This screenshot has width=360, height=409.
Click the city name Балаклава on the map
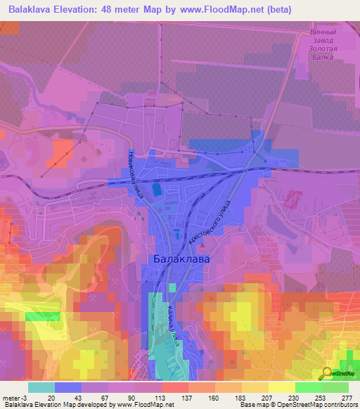[181, 259]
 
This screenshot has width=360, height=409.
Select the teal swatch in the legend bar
[41, 387]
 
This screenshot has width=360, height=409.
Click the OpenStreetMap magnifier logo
[328, 373]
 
